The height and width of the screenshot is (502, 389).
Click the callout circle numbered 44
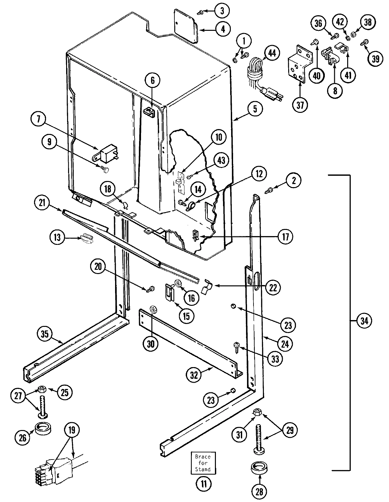[x=272, y=53]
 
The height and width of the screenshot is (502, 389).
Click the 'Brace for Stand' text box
[x=203, y=462]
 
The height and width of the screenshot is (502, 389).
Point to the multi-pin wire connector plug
[x=52, y=472]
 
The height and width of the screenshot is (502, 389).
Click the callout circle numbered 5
[x=255, y=109]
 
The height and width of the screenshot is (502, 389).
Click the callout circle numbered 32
[x=194, y=375]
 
